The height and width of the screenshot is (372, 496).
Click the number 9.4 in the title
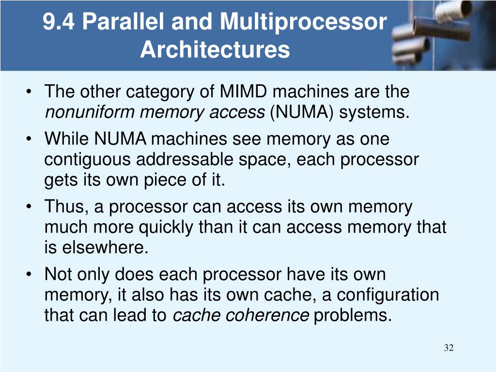click(58, 22)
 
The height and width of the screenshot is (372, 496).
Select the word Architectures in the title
click(215, 50)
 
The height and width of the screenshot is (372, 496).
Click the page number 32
click(449, 348)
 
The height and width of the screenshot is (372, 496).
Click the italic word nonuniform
click(90, 112)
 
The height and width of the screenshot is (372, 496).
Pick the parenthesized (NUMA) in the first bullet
click(301, 112)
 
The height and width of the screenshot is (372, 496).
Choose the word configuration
click(388, 294)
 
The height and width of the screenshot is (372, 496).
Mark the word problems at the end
click(352, 315)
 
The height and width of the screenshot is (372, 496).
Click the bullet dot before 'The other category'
click(31, 92)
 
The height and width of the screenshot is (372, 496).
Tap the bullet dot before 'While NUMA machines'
click(31, 139)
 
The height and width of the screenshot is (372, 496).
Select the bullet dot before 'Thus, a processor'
click(31, 207)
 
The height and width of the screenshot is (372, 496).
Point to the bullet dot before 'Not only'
click(31, 275)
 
